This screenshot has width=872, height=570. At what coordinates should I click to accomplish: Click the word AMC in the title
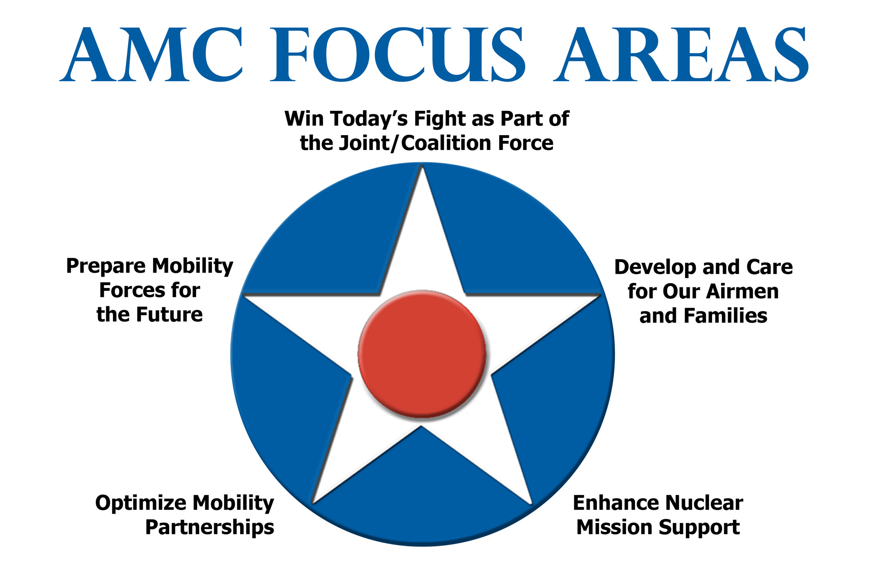(x=152, y=55)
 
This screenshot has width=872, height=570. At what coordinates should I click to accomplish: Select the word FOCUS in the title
(x=398, y=55)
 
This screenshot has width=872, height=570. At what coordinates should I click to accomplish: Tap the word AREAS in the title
(x=681, y=55)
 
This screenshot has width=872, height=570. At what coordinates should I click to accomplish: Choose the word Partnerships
(x=210, y=527)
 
